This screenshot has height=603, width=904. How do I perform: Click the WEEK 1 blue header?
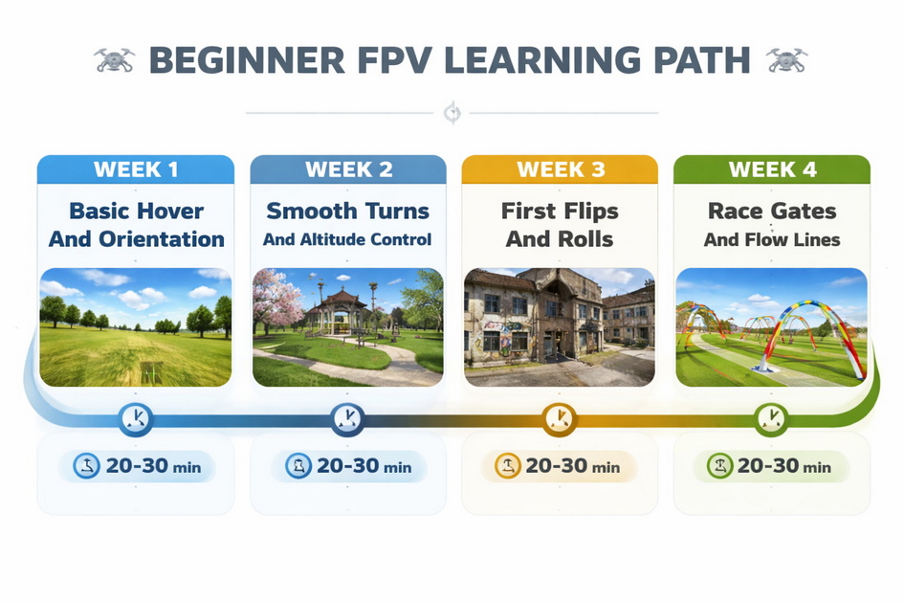[136, 170]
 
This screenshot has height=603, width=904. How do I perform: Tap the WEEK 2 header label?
[348, 170]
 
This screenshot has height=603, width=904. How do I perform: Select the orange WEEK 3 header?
[561, 170]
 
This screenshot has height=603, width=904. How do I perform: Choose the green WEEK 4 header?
[772, 170]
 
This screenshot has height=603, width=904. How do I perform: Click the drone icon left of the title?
[115, 60]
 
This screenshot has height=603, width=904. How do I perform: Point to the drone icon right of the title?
[787, 60]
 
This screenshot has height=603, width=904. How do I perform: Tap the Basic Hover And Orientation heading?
[136, 225]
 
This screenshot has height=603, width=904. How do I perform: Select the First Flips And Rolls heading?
[561, 225]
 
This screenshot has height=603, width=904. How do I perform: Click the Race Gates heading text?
[772, 212]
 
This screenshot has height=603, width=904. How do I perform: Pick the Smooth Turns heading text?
[348, 212]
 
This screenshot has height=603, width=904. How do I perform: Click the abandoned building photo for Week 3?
[560, 326]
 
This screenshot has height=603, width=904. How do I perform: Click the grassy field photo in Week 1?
[136, 326]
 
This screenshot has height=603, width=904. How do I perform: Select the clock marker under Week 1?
[136, 418]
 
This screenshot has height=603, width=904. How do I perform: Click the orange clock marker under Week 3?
[560, 418]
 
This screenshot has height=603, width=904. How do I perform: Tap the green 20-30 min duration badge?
[771, 467]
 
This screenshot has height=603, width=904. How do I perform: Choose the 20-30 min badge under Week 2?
[348, 467]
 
